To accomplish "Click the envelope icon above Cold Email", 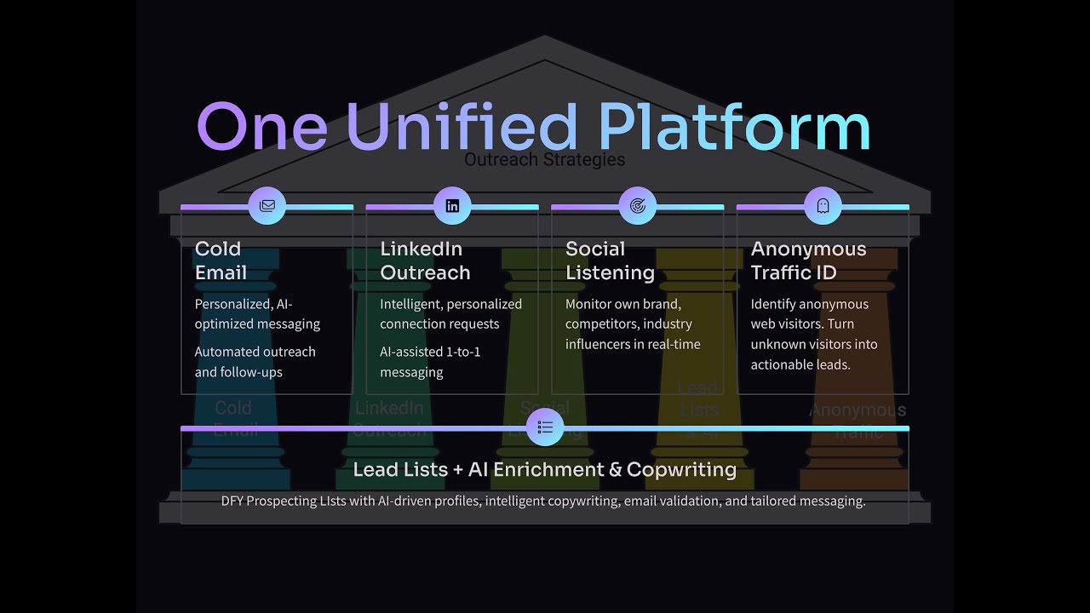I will [x=267, y=206].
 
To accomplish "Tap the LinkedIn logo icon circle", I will [x=452, y=206].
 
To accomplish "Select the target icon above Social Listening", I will [x=638, y=206].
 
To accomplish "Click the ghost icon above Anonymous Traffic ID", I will [x=823, y=206].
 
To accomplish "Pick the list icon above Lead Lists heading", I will [x=545, y=427].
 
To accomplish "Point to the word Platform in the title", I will [x=734, y=128].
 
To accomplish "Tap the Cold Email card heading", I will [x=221, y=261].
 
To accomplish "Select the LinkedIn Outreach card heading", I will [x=425, y=261].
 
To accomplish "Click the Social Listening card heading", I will [x=610, y=261].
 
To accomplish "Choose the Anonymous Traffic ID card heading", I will [x=808, y=261].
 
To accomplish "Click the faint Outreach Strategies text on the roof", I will [x=545, y=160].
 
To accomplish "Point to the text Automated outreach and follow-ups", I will [x=255, y=362].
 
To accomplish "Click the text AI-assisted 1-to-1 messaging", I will [x=430, y=362].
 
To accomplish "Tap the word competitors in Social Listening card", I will [x=602, y=324].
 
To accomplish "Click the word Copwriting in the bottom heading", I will [x=681, y=469].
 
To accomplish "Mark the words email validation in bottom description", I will [x=672, y=501].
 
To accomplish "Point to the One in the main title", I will [x=262, y=128].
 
